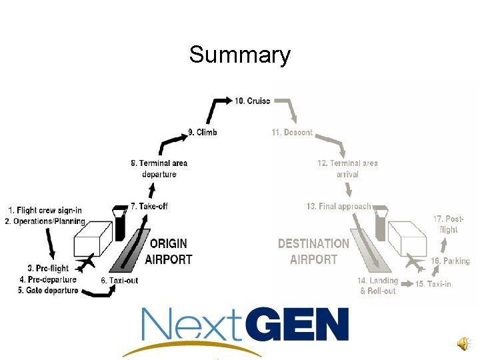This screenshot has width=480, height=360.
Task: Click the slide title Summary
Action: click(239, 54)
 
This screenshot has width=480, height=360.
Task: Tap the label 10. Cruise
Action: click(252, 101)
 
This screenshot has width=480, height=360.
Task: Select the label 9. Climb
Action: click(203, 133)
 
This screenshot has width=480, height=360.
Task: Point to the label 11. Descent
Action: click(292, 133)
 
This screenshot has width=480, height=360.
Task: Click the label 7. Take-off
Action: click(149, 207)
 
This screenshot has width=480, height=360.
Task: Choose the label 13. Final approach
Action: click(338, 207)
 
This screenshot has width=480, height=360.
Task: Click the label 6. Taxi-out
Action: click(120, 281)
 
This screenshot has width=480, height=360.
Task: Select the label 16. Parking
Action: click(451, 261)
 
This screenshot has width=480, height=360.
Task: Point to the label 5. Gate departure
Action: click(49, 290)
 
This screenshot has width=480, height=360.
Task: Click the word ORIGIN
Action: click(168, 244)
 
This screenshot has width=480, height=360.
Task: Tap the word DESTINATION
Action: click(313, 244)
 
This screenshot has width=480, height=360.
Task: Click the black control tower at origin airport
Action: click(120, 223)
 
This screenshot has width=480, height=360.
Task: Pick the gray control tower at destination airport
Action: click(381, 223)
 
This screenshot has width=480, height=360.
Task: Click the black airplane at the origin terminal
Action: click(85, 263)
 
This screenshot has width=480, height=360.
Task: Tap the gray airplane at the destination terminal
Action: click(414, 263)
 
